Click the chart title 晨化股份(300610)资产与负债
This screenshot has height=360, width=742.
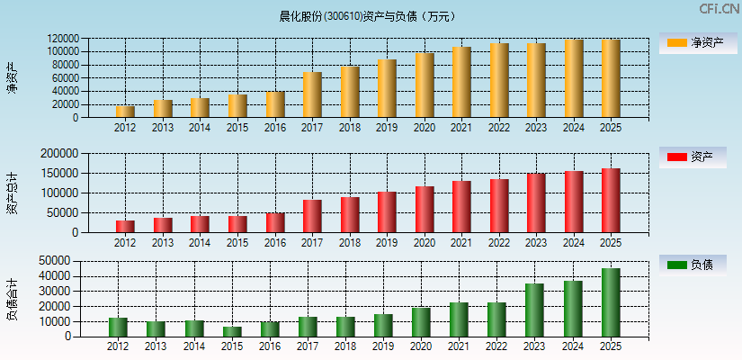[368, 15]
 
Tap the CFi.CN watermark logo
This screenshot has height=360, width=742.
[719, 9]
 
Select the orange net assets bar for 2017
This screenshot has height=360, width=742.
[312, 94]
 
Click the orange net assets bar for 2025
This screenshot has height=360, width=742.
[611, 78]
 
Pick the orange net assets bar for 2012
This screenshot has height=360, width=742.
[125, 112]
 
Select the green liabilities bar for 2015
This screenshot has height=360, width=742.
[232, 331]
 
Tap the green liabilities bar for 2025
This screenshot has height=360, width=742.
[611, 302]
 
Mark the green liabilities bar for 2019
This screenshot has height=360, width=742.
[382, 325]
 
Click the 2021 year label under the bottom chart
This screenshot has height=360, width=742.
[460, 346]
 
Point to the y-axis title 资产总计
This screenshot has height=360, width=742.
[12, 193]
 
